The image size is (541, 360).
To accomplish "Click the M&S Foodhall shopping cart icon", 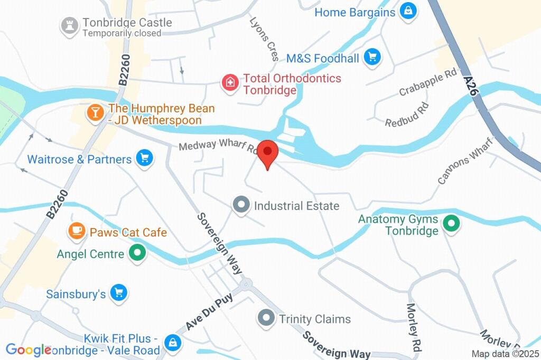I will [x=372, y=58].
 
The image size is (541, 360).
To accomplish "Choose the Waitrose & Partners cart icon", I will [x=144, y=159].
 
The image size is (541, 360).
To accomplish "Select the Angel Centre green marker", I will [x=137, y=254].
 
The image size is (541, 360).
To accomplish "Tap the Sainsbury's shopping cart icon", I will [x=119, y=293].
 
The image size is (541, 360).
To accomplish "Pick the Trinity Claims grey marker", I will [x=266, y=319].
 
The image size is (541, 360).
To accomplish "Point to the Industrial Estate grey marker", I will [x=241, y=205].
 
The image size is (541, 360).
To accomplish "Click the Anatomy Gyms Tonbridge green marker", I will [x=451, y=224].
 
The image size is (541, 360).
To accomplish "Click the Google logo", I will [x=28, y=350].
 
